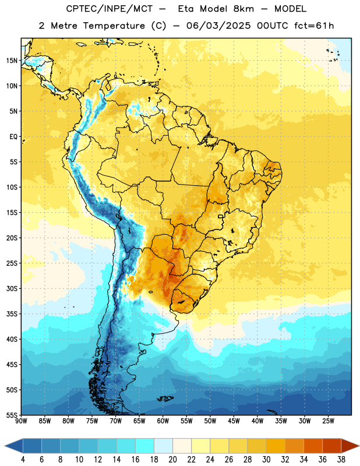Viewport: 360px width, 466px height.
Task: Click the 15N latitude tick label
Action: click(12, 61)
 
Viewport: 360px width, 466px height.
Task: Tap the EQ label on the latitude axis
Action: click(13, 137)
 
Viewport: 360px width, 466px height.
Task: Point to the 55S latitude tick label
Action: click(12, 415)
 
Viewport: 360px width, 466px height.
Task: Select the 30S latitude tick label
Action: click(12, 288)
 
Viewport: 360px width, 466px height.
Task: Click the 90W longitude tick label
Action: click(21, 421)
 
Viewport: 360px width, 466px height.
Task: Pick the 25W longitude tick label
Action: click(328, 421)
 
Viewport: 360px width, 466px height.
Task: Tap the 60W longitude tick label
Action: click(163, 421)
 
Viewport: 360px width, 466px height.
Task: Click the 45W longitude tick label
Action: click(234, 421)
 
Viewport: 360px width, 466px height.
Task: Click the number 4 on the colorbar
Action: click(23, 460)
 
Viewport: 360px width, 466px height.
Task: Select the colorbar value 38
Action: click(341, 460)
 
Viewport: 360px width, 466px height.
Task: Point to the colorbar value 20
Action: click(172, 460)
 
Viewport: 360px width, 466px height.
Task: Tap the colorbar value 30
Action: click(266, 460)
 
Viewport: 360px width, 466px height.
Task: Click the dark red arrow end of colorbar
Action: click(350, 446)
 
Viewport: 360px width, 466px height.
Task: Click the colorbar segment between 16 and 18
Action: click(145, 446)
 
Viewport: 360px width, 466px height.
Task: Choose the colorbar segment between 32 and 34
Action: click(295, 446)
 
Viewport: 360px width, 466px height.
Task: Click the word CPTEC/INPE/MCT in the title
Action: click(110, 9)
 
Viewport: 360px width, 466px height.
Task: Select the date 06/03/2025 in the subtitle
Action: click(218, 26)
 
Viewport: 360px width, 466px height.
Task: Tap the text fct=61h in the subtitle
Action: click(314, 26)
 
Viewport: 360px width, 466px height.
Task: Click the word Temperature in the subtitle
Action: click(114, 26)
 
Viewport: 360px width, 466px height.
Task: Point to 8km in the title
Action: click(243, 9)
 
